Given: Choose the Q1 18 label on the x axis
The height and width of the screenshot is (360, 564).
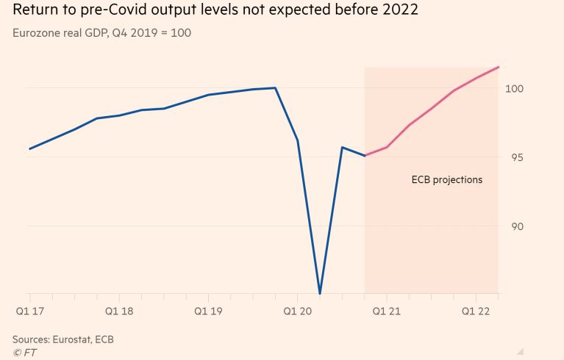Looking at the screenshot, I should [x=119, y=311].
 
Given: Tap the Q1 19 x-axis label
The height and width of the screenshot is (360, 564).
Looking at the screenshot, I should [x=208, y=311].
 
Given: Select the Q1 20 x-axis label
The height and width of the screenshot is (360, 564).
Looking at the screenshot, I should [x=297, y=311].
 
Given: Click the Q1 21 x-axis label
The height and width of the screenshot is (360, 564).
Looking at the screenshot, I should [x=387, y=311].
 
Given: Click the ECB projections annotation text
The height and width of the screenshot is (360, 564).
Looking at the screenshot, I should [x=446, y=179].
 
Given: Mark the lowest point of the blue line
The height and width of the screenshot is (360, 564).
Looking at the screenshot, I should [x=320, y=294].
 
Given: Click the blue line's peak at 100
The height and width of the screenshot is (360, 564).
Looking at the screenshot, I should [x=275, y=88].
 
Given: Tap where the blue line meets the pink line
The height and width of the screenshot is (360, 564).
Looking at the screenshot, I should [x=365, y=156].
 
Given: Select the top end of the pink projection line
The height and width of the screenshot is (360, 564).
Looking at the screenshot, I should [x=499, y=67].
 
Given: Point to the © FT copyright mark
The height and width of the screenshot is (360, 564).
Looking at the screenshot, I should [x=24, y=353].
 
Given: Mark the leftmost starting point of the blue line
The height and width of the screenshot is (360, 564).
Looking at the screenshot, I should [x=29, y=148].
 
